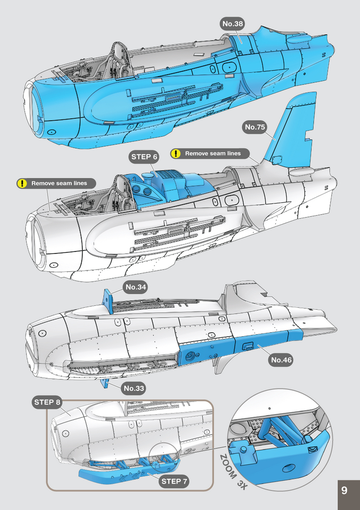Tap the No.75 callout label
[255, 127]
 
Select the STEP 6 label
[144, 157]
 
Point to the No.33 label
[134, 388]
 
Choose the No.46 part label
[281, 360]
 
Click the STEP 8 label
[48, 402]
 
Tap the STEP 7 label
[174, 481]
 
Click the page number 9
[344, 491]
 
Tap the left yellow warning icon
[22, 183]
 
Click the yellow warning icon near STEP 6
[176, 153]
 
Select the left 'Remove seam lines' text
[59, 183]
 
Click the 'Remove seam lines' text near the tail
[213, 153]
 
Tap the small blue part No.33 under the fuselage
[105, 382]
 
